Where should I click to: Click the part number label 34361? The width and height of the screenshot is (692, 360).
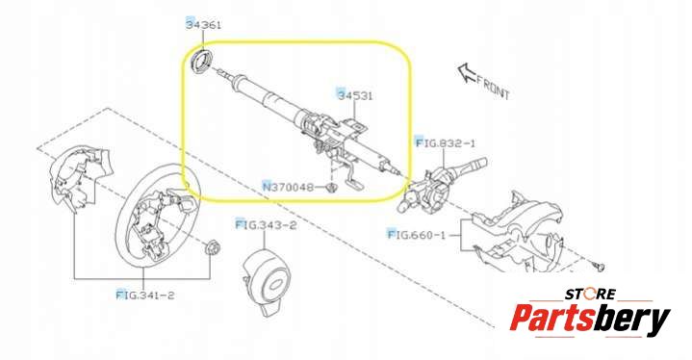tap(203, 25)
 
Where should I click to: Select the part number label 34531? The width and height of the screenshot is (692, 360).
tap(355, 95)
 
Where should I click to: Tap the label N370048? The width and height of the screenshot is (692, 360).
tap(288, 187)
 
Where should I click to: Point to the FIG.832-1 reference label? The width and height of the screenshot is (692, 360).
tap(447, 142)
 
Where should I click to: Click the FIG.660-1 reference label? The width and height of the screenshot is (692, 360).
tap(417, 235)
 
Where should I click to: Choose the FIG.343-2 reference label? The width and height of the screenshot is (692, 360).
tap(267, 225)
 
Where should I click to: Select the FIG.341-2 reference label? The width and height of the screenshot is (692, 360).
tap(145, 295)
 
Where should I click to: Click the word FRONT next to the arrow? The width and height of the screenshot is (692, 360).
tap(494, 88)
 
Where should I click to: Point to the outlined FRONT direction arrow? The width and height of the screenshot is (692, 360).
tap(467, 73)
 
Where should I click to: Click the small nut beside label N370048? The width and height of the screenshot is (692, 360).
tap(331, 188)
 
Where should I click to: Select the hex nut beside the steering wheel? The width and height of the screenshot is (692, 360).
tap(213, 247)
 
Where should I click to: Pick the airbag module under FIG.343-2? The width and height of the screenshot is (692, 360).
tap(267, 280)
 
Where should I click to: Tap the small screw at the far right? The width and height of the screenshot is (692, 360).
tap(599, 266)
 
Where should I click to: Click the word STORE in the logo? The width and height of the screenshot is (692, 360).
tap(590, 294)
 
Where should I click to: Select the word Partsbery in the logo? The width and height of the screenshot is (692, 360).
tap(590, 319)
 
